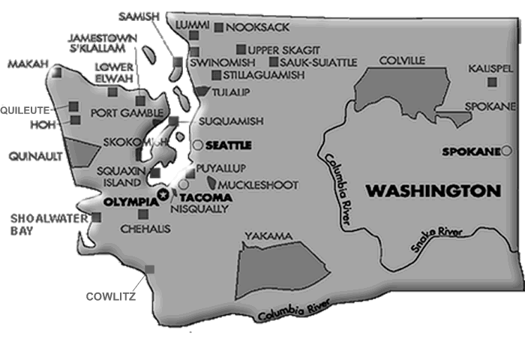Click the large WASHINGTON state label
click(x=433, y=190)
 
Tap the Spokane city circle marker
click(x=506, y=151)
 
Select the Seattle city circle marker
click(x=197, y=144)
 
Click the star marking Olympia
click(x=164, y=195)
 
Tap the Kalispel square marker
click(x=492, y=82)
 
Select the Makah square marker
click(x=58, y=73)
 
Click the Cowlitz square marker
click(x=149, y=269)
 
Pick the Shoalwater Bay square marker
click(x=96, y=217)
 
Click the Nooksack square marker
click(x=219, y=28)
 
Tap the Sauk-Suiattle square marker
click(x=274, y=61)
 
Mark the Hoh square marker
click(x=75, y=120)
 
